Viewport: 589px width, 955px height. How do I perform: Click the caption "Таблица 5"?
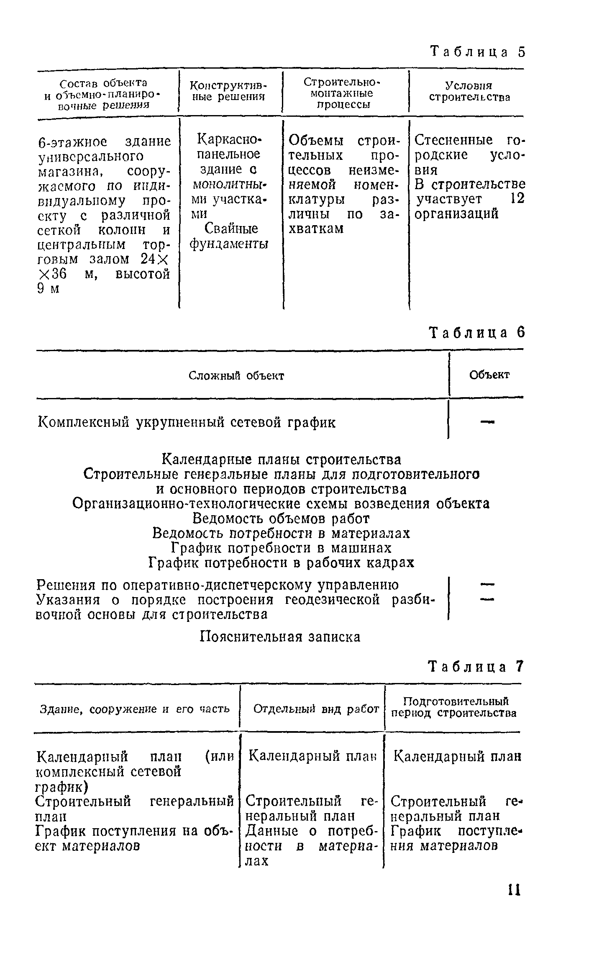[x=477, y=52]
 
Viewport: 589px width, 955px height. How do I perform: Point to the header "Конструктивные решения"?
[x=228, y=91]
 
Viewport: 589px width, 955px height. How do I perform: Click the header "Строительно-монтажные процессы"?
[x=344, y=92]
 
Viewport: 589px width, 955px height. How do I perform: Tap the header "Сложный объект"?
[x=236, y=376]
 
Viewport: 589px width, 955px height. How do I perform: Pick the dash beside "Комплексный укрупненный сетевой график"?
[x=487, y=423]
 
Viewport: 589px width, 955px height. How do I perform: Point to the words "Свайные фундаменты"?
[x=229, y=236]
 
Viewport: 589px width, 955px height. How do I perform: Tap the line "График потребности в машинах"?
[x=282, y=548]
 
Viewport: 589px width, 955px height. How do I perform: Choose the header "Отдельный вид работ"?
[x=316, y=709]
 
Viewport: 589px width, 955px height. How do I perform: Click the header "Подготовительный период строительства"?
[x=454, y=707]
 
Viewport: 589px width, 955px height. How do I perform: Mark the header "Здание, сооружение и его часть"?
[x=135, y=709]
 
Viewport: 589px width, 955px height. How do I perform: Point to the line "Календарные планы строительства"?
[x=281, y=460]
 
